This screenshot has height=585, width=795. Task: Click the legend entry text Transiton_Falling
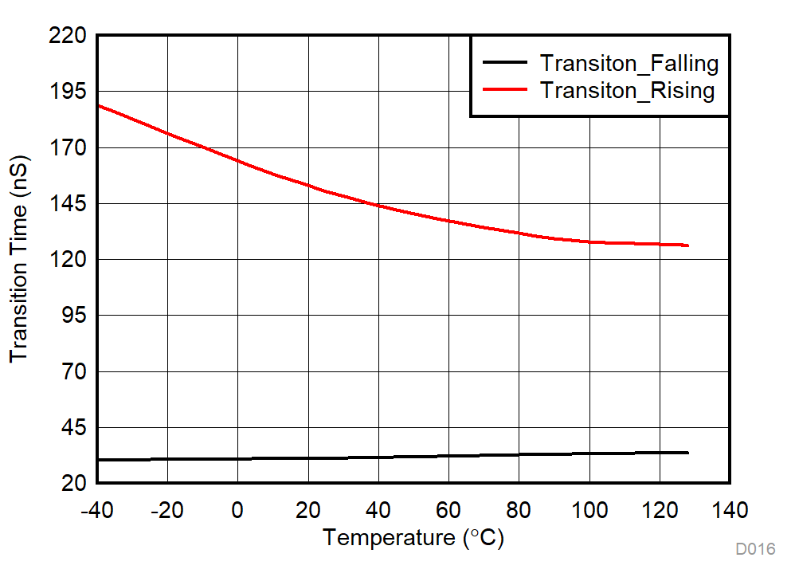tap(629, 63)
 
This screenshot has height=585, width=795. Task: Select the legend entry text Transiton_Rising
tap(627, 90)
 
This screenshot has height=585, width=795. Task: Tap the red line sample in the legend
tap(504, 90)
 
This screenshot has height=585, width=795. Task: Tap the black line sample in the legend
tap(504, 63)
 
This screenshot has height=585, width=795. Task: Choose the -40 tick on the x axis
tap(96, 509)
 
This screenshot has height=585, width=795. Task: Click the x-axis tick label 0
tap(237, 509)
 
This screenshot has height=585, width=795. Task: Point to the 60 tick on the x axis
tap(448, 509)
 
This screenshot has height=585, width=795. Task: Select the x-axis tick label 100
tap(589, 509)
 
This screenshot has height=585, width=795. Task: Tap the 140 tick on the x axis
tap(730, 509)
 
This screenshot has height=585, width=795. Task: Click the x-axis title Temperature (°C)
tap(413, 538)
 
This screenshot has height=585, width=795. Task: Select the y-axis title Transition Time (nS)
tap(19, 259)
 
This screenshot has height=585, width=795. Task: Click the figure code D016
tap(754, 549)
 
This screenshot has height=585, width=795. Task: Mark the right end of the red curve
tap(687, 245)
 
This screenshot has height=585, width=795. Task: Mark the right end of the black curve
tap(687, 453)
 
